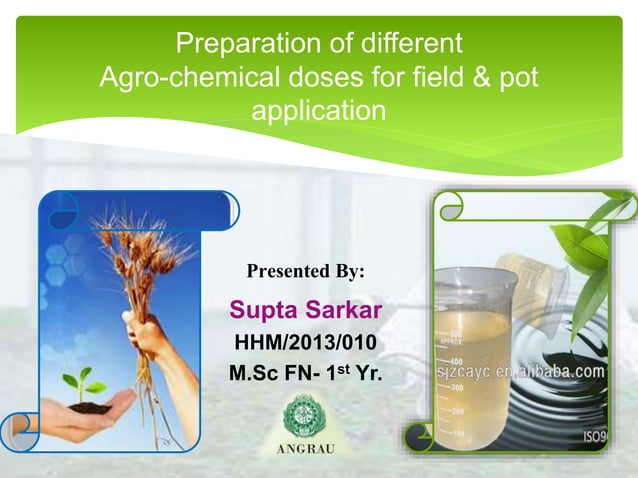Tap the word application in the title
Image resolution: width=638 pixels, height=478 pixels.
pyautogui.click(x=317, y=110)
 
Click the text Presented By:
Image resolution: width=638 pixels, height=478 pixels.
pyautogui.click(x=305, y=271)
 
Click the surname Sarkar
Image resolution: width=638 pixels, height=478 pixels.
pyautogui.click(x=343, y=307)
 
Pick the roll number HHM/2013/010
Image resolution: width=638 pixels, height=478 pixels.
pyautogui.click(x=305, y=342)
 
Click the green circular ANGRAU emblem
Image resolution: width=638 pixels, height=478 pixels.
pyautogui.click(x=305, y=416)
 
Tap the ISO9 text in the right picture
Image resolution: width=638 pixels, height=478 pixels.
pyautogui.click(x=595, y=437)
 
